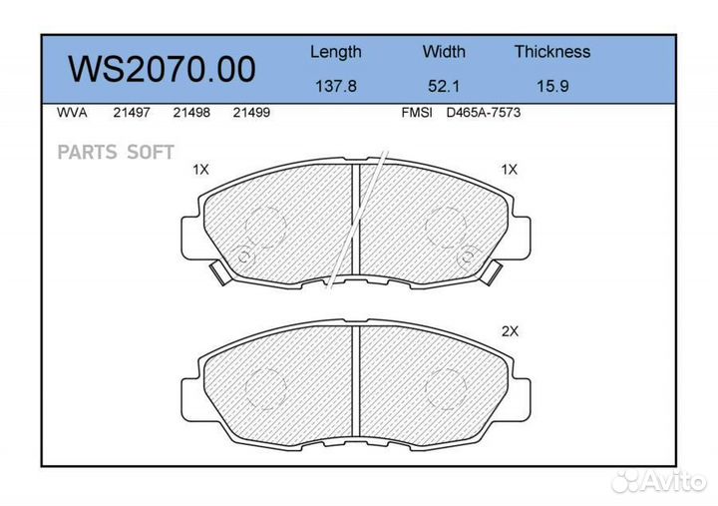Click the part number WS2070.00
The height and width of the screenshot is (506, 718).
tap(161, 69)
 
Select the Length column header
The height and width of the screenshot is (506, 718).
tap(335, 52)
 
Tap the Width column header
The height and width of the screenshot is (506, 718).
tap(444, 52)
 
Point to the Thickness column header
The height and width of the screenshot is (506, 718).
tap(551, 52)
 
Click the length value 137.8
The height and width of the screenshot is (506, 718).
tap(335, 86)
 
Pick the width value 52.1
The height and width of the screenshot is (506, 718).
tap(444, 86)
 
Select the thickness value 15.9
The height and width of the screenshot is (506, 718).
tap(551, 86)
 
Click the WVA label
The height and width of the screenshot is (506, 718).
tap(73, 113)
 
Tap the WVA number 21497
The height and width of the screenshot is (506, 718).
tap(131, 113)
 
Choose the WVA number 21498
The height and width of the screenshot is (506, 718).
tap(190, 113)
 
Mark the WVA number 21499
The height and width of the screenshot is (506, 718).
tap(250, 113)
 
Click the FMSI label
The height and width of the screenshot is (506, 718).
tap(416, 113)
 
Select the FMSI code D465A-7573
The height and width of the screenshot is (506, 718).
tap(483, 113)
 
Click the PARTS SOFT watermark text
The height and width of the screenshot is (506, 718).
tap(116, 152)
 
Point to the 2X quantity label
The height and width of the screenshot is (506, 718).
tap(510, 331)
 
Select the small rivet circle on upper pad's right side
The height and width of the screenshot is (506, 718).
tap(464, 257)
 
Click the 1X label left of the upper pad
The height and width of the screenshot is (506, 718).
tap(200, 170)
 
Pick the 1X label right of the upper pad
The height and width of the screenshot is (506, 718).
tap(510, 170)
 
